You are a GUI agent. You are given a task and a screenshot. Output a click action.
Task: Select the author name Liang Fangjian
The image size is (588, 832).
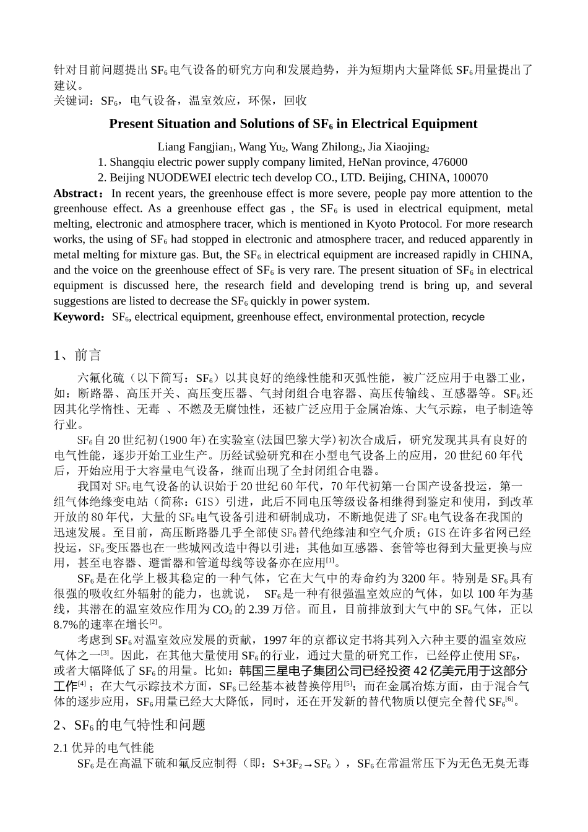click(x=192, y=147)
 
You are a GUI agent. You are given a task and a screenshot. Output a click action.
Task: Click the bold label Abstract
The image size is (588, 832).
click(x=76, y=193)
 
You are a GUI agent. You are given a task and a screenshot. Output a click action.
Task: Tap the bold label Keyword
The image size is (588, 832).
click(x=77, y=317)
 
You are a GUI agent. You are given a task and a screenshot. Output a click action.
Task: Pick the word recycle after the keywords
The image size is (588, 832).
click(x=468, y=317)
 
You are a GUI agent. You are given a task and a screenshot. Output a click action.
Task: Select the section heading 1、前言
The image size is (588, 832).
click(x=77, y=355)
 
